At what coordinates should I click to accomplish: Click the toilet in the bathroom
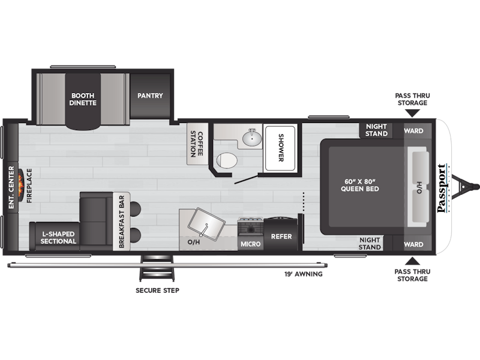tap(227, 160)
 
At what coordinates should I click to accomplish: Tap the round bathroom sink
tap(252, 138)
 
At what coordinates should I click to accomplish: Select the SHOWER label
tap(281, 147)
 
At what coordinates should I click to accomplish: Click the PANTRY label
tap(150, 95)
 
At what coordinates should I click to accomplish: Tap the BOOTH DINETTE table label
tap(83, 99)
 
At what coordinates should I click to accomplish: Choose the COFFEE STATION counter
tap(197, 143)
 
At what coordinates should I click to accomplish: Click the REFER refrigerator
tap(281, 234)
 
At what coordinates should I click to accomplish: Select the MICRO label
tap(250, 244)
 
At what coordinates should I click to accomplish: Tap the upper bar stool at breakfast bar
tap(135, 209)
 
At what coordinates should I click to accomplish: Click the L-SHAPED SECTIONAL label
tap(58, 238)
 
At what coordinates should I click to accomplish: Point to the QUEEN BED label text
tap(359, 185)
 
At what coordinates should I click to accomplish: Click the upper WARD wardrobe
tap(413, 131)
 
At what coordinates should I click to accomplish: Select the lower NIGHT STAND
tap(370, 244)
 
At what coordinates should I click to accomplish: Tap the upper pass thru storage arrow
tap(412, 113)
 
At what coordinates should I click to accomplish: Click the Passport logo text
tap(442, 188)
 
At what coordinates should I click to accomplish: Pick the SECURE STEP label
tap(157, 290)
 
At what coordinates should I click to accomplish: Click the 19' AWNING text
tap(304, 274)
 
